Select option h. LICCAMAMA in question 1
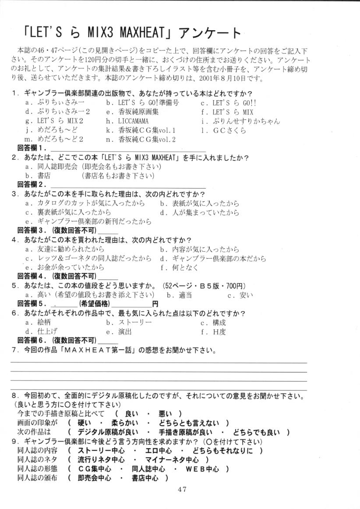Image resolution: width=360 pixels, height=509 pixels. (127, 121)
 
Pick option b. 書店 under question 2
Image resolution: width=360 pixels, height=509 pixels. (38, 176)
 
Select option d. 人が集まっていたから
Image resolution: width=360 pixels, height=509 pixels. (199, 213)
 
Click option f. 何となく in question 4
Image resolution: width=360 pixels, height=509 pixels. (180, 267)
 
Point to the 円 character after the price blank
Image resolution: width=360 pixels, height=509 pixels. (155, 303)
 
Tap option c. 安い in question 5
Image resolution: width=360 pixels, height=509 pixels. (240, 295)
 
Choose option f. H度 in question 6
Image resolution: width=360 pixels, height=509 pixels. (214, 331)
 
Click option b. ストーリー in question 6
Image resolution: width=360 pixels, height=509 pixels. (129, 322)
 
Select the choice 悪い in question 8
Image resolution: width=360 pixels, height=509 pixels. (165, 414)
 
